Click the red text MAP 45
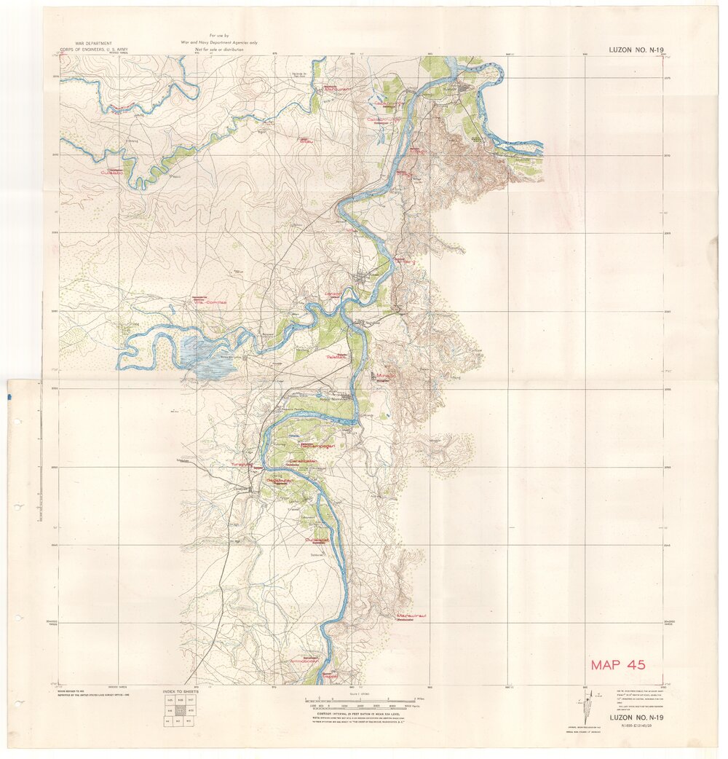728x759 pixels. [617, 664]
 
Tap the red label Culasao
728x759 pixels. [113, 173]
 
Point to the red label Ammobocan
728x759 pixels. [305, 661]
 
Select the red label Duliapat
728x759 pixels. [317, 538]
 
